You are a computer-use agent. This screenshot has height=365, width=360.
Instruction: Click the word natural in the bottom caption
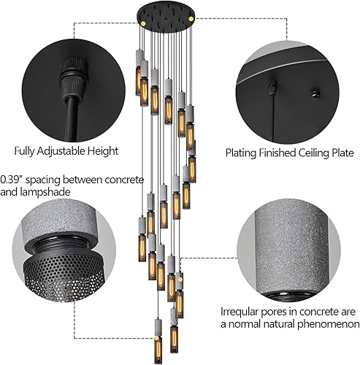click(284, 323)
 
